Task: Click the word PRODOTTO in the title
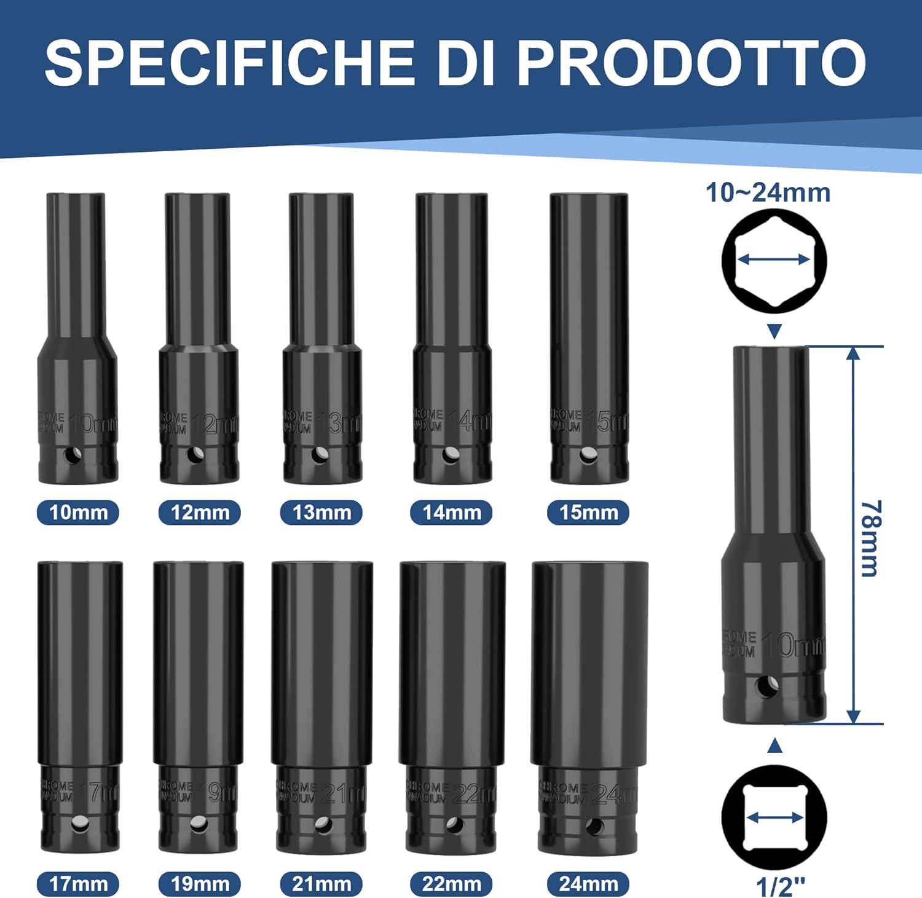(x=691, y=63)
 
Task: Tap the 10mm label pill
(x=78, y=513)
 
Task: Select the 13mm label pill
(x=321, y=513)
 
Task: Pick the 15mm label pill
(x=588, y=513)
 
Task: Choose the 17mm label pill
(x=78, y=884)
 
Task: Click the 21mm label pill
(x=321, y=884)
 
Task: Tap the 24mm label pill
(x=588, y=884)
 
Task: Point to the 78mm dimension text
(x=870, y=538)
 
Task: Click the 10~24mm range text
(x=768, y=192)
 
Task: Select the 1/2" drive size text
(x=779, y=887)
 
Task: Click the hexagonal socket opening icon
(x=774, y=260)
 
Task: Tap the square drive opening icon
(x=774, y=817)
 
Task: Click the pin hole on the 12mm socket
(x=196, y=455)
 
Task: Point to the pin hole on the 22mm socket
(x=454, y=825)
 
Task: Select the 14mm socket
(x=452, y=338)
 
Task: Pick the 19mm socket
(x=198, y=707)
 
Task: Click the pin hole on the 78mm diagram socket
(x=766, y=686)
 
